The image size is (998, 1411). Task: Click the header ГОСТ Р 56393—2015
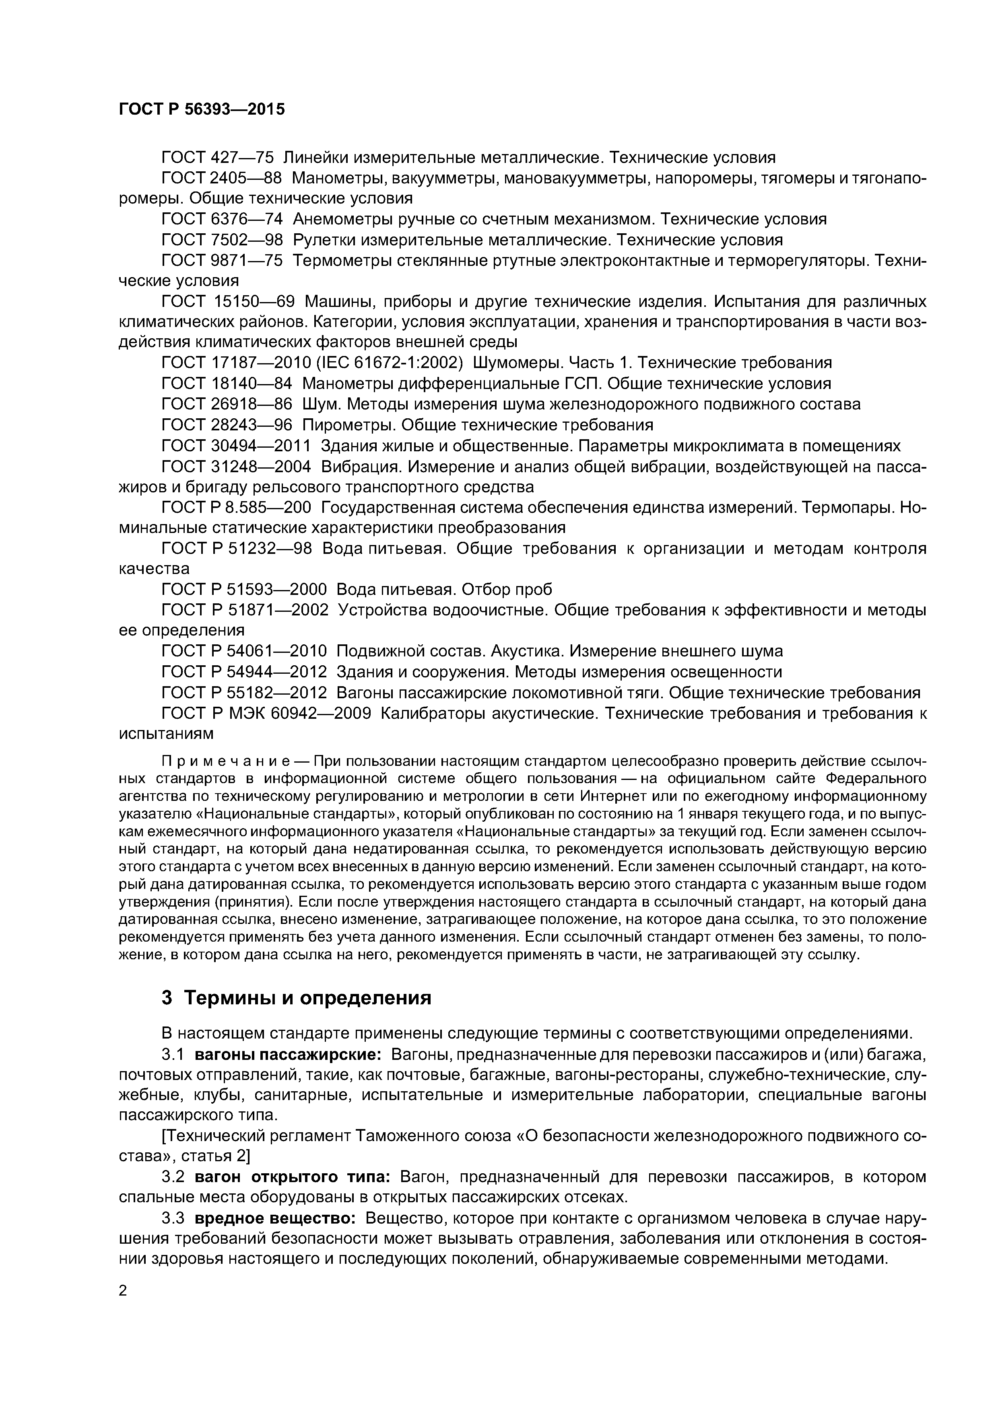pyautogui.click(x=202, y=109)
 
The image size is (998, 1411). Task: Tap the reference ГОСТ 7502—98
pyautogui.click(x=221, y=240)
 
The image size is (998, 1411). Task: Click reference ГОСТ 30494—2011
pyautogui.click(x=235, y=446)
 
